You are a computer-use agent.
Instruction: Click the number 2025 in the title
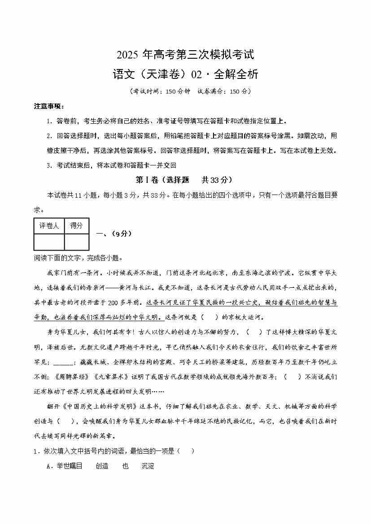tap(128, 56)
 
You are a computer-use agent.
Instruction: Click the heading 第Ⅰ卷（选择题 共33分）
tap(184, 180)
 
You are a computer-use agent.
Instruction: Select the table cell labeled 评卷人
tap(49, 226)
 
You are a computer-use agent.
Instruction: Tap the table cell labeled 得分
tap(76, 226)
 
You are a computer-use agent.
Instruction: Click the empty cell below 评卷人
tap(49, 242)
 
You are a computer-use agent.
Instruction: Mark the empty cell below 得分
tap(76, 242)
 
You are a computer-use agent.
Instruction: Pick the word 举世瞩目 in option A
tap(70, 466)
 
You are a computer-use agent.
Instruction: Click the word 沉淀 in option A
tap(148, 466)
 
